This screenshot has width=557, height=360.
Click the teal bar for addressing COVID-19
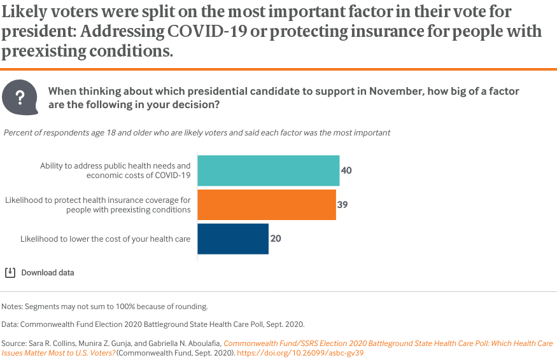point(268,170)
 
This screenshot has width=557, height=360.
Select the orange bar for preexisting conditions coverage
point(266,205)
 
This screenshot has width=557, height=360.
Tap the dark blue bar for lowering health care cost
point(232,239)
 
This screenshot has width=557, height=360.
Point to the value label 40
point(346,170)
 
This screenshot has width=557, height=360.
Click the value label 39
point(342,205)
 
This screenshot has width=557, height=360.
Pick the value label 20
point(275,239)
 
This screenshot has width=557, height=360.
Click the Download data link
point(48,272)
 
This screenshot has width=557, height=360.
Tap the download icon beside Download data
point(10,272)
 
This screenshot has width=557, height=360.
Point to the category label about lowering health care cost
point(106,239)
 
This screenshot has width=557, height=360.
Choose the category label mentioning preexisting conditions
point(98,205)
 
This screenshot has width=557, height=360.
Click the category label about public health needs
point(115,170)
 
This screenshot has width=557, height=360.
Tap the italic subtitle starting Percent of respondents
point(197,133)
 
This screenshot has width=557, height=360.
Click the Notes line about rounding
point(104,306)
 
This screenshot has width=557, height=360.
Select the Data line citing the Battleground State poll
point(153,324)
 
